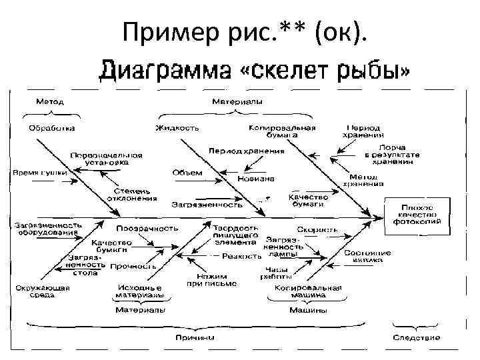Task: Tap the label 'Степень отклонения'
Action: point(132,194)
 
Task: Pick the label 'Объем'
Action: point(187,173)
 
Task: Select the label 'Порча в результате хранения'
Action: point(392,154)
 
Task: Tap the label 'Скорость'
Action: point(322,229)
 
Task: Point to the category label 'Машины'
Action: point(307,310)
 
